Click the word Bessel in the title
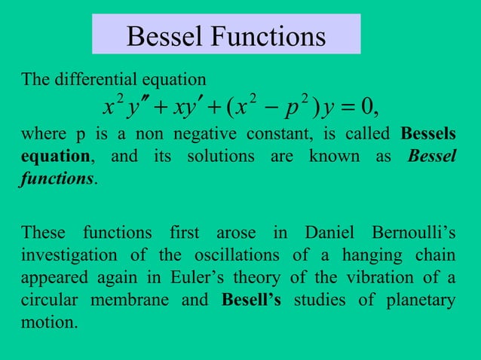[x=163, y=36]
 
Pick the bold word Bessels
[x=427, y=136]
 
